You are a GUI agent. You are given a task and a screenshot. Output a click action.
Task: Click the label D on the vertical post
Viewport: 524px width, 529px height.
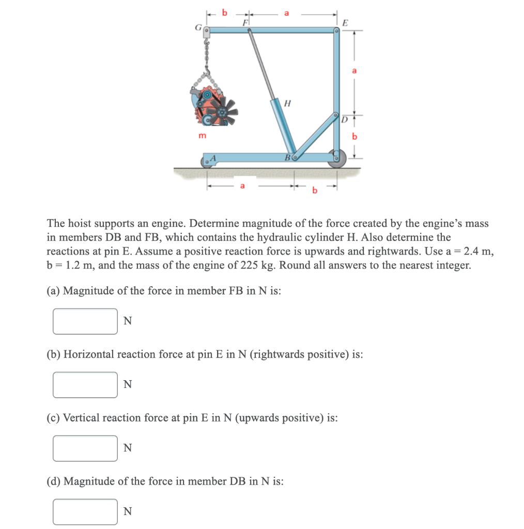click(344, 120)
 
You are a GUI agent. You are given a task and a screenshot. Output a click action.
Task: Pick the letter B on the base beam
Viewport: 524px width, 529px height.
click(286, 157)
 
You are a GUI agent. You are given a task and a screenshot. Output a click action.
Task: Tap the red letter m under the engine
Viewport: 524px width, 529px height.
click(202, 135)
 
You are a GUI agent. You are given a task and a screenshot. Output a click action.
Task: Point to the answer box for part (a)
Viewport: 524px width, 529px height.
click(85, 321)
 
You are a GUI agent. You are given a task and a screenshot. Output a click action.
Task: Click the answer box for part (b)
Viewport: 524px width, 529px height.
click(85, 385)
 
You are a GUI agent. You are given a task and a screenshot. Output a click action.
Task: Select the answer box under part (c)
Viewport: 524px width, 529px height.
click(85, 448)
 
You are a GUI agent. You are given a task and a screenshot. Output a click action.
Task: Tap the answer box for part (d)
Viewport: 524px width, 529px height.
click(85, 511)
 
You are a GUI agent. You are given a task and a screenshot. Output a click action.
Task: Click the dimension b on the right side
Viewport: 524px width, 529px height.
click(355, 137)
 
